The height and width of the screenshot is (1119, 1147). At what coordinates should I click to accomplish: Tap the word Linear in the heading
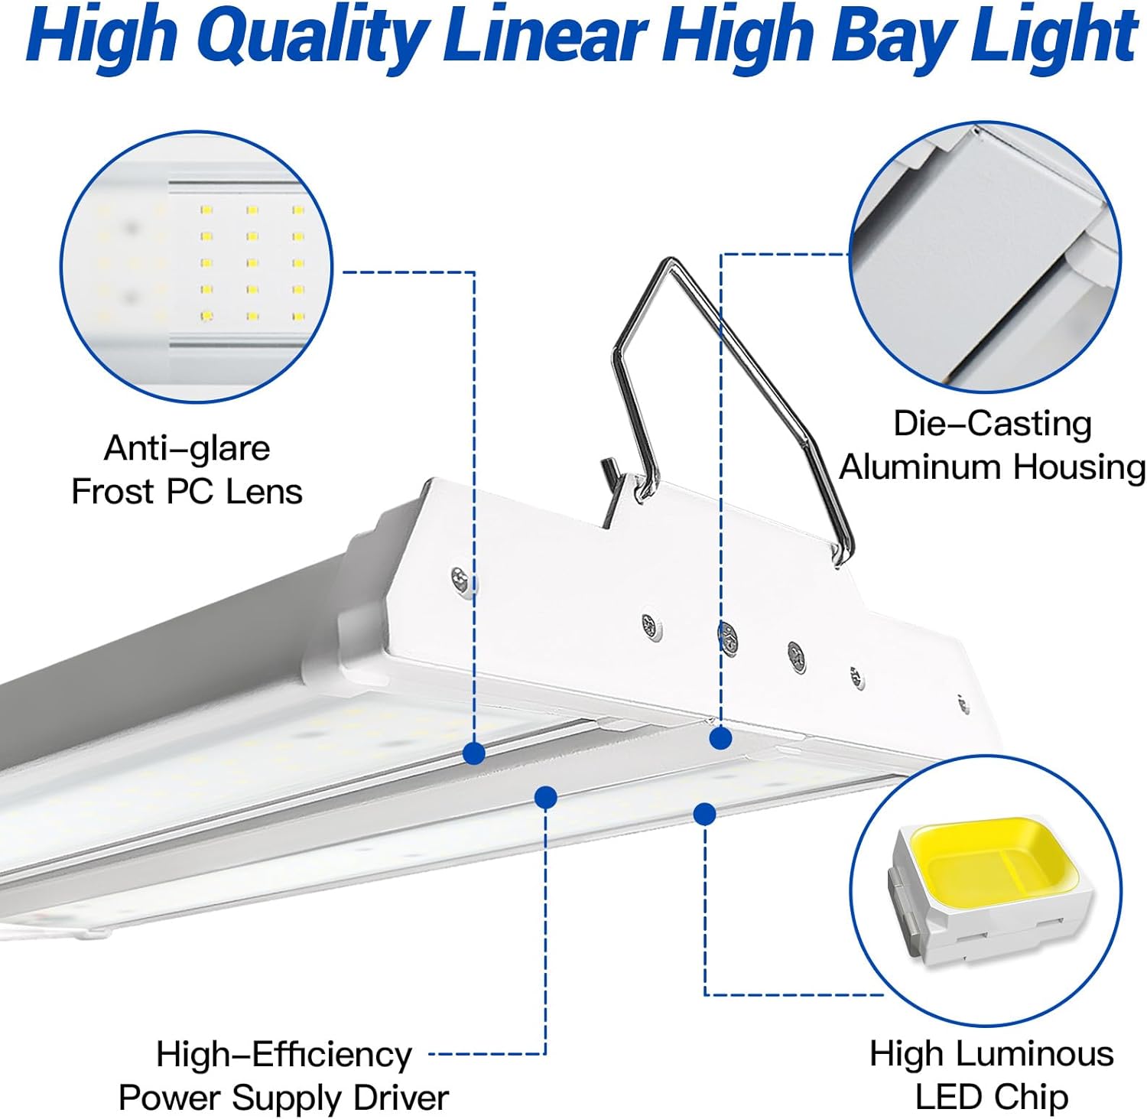tap(544, 37)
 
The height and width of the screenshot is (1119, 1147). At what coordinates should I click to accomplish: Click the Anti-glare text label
tap(187, 448)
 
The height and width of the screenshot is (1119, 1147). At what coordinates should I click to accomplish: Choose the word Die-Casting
tap(993, 424)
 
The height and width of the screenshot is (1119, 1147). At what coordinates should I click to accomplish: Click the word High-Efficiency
tap(284, 1055)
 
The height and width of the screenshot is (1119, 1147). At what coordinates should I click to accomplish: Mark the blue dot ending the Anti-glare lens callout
tap(474, 753)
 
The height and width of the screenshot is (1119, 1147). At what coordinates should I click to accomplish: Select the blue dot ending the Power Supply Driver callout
tap(545, 798)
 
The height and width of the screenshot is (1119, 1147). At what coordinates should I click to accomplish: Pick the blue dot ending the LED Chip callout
tap(705, 814)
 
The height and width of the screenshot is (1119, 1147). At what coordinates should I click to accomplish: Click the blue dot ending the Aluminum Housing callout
tap(720, 738)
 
